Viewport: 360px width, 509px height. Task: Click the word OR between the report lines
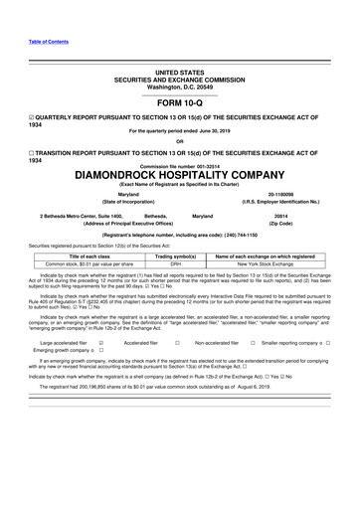pyautogui.click(x=180, y=140)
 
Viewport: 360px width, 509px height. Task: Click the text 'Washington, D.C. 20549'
pyautogui.click(x=180, y=87)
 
